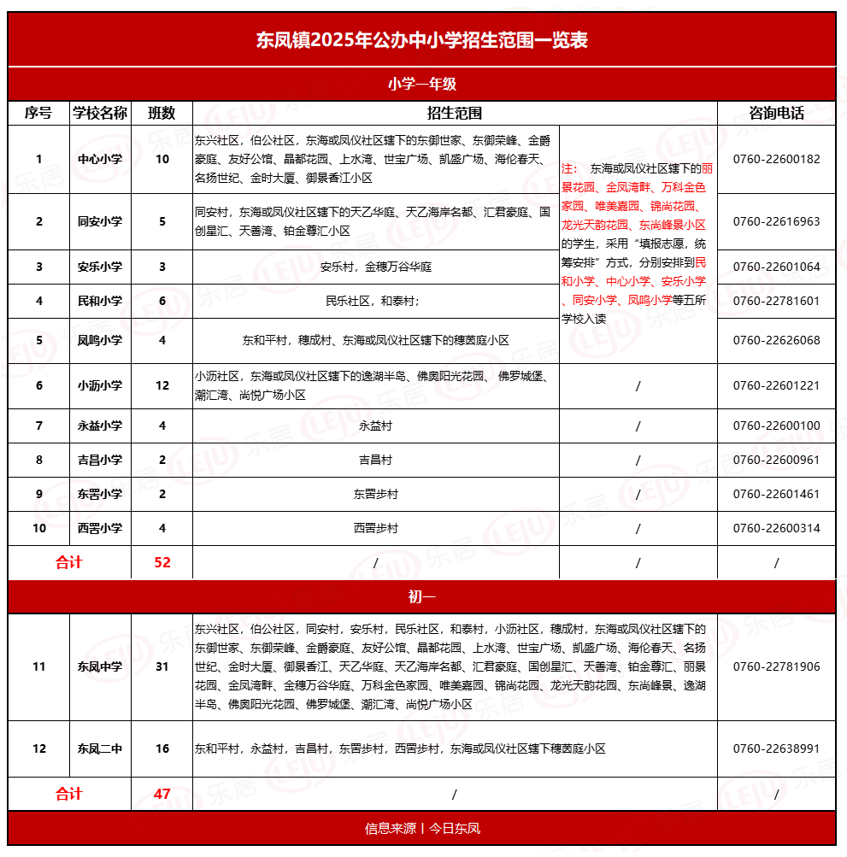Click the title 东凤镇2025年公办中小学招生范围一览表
pyautogui.click(x=422, y=39)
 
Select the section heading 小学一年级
pyautogui.click(x=422, y=84)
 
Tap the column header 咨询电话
pyautogui.click(x=776, y=113)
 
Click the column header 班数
pyautogui.click(x=162, y=113)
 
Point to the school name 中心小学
pyautogui.click(x=100, y=159)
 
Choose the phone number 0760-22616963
pyautogui.click(x=776, y=221)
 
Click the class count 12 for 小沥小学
pyautogui.click(x=162, y=385)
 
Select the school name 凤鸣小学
pyautogui.click(x=100, y=340)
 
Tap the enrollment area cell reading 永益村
pyautogui.click(x=375, y=426)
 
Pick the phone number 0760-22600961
pyautogui.click(x=776, y=460)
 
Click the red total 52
pyautogui.click(x=162, y=562)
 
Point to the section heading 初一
pyautogui.click(x=422, y=596)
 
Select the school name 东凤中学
pyautogui.click(x=100, y=666)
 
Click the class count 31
pyautogui.click(x=162, y=666)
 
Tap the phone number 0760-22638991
pyautogui.click(x=776, y=748)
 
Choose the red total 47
pyautogui.click(x=162, y=794)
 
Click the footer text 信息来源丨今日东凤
pyautogui.click(x=422, y=828)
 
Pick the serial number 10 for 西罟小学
pyautogui.click(x=39, y=528)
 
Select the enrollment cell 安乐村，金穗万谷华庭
pyautogui.click(x=375, y=267)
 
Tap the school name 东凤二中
pyautogui.click(x=100, y=748)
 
